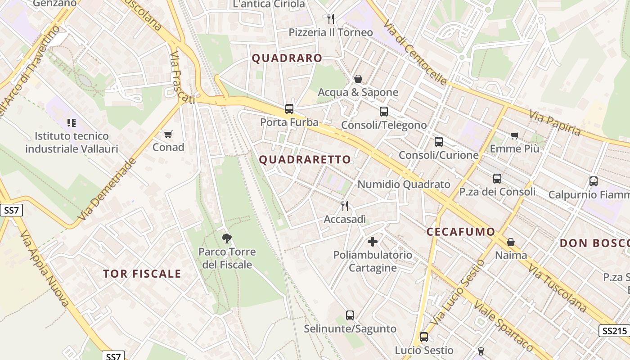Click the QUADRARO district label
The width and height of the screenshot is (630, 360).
click(x=287, y=58)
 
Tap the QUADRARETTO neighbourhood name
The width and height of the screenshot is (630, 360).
click(x=305, y=160)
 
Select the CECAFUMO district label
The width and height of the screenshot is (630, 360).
click(x=460, y=232)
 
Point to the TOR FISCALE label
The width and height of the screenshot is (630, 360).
click(x=142, y=274)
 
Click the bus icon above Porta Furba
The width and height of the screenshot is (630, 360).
click(x=289, y=109)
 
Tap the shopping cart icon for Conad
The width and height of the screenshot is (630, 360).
click(x=168, y=134)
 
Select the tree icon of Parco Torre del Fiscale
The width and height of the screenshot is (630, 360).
click(x=227, y=238)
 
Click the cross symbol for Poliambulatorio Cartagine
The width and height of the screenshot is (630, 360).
click(x=373, y=242)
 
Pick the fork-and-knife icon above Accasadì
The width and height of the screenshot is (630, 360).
click(x=345, y=206)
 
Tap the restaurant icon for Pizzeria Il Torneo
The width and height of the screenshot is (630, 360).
click(x=331, y=19)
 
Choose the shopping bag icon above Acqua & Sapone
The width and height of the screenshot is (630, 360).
click(x=358, y=79)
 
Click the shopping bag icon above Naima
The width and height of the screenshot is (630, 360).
click(x=511, y=242)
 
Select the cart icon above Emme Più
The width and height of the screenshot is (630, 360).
click(x=514, y=135)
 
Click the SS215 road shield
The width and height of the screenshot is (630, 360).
click(x=614, y=331)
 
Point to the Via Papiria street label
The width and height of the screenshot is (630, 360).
click(x=555, y=122)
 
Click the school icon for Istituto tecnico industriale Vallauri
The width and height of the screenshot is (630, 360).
click(x=72, y=122)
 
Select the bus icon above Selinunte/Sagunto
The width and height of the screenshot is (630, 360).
click(x=350, y=315)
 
